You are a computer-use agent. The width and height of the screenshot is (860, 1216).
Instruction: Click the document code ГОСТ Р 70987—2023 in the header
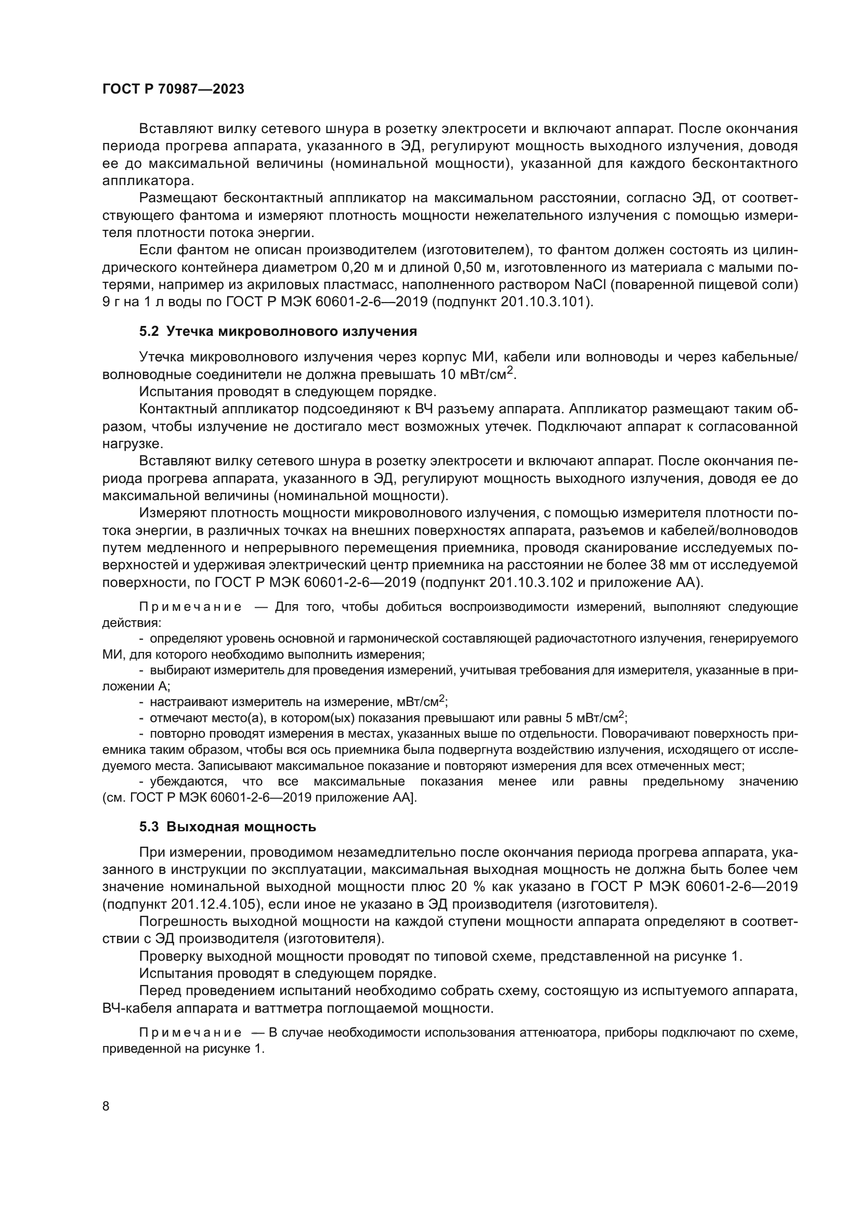click(173, 89)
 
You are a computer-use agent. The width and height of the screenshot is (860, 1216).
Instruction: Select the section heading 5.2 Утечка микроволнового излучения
click(278, 332)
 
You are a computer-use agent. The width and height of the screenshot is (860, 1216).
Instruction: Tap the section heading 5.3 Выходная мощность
click(228, 827)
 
